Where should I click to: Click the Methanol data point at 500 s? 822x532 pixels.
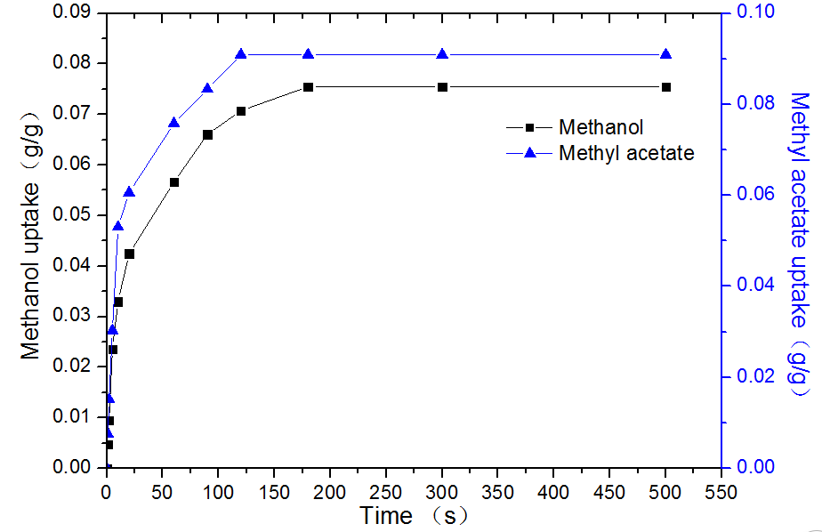pyautogui.click(x=665, y=87)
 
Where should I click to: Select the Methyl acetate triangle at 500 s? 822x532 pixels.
pyautogui.click(x=665, y=54)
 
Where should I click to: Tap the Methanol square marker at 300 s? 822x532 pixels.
pyautogui.click(x=442, y=87)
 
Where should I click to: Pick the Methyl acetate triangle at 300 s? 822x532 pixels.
pyautogui.click(x=442, y=54)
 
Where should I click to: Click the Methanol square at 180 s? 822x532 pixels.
pyautogui.click(x=308, y=87)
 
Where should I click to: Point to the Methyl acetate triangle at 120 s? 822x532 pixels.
pyautogui.click(x=241, y=54)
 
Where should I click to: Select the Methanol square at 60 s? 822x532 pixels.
pyautogui.click(x=174, y=182)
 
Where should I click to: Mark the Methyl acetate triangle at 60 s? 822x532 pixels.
pyautogui.click(x=174, y=123)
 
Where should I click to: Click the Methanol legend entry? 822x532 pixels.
pyautogui.click(x=600, y=128)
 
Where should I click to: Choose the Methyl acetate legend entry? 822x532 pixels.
pyautogui.click(x=625, y=153)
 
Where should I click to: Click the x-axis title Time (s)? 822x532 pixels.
pyautogui.click(x=413, y=515)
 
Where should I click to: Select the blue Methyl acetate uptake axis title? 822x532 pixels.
pyautogui.click(x=800, y=245)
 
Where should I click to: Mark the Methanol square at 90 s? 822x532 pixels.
pyautogui.click(x=207, y=135)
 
